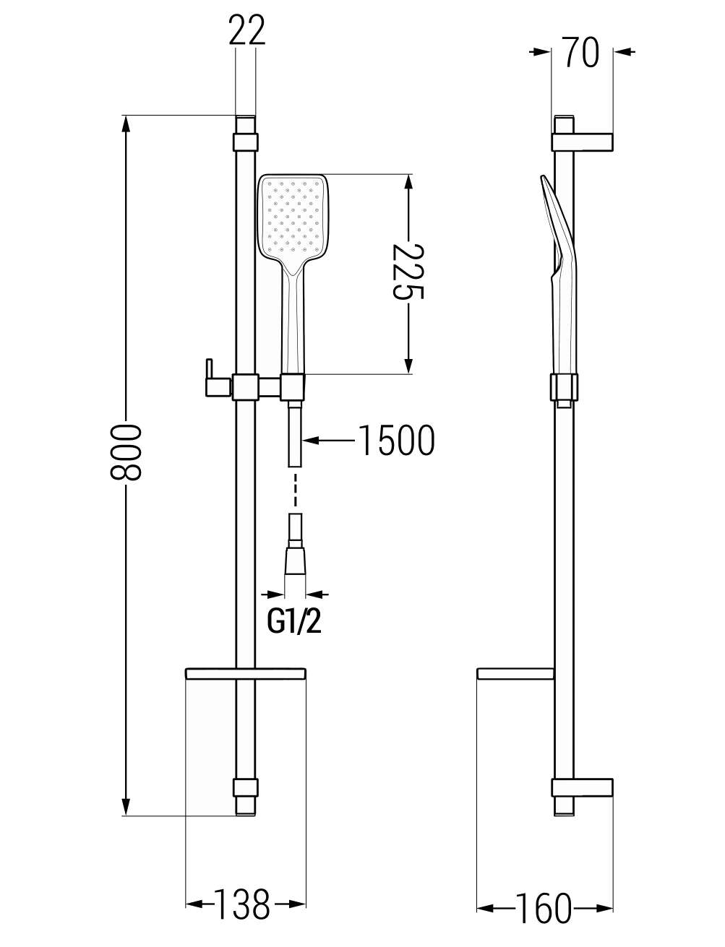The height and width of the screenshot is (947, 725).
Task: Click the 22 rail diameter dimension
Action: tap(246, 30)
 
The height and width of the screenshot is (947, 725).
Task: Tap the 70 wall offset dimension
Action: tap(581, 52)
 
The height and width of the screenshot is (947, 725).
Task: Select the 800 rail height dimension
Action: tap(126, 452)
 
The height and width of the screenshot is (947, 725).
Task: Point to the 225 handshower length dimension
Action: tap(408, 272)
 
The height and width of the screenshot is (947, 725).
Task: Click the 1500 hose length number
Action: tap(397, 441)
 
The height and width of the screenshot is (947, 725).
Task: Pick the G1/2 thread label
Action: tap(294, 622)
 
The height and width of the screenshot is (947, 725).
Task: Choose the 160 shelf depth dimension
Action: tap(544, 896)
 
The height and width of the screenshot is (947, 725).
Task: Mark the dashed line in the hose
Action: tap(295, 490)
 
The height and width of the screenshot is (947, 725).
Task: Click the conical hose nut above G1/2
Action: tap(295, 561)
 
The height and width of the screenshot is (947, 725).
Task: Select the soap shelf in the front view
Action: tap(246, 673)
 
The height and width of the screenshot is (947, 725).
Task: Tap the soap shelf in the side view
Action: tap(515, 673)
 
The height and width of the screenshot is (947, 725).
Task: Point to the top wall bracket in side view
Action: tap(582, 142)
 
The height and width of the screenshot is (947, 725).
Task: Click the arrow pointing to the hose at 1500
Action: tap(329, 441)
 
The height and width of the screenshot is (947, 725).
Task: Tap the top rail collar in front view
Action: tap(246, 142)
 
